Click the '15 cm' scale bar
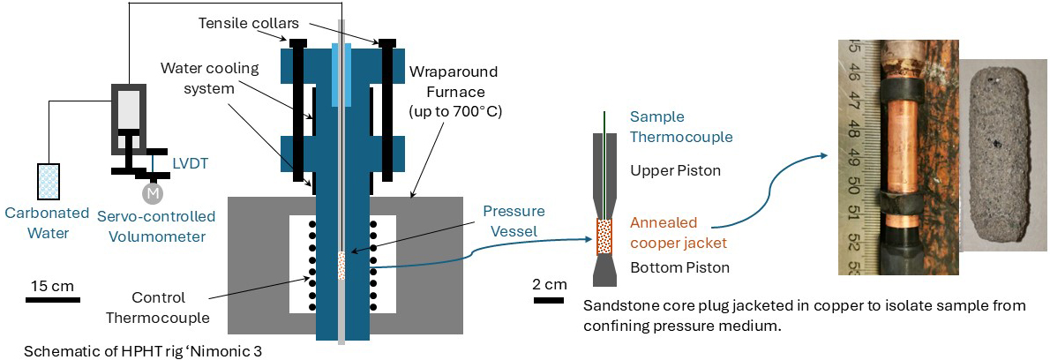pos(49,299)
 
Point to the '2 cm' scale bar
pos(549,299)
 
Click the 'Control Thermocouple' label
pos(170,307)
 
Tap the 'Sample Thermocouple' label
pos(681,127)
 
